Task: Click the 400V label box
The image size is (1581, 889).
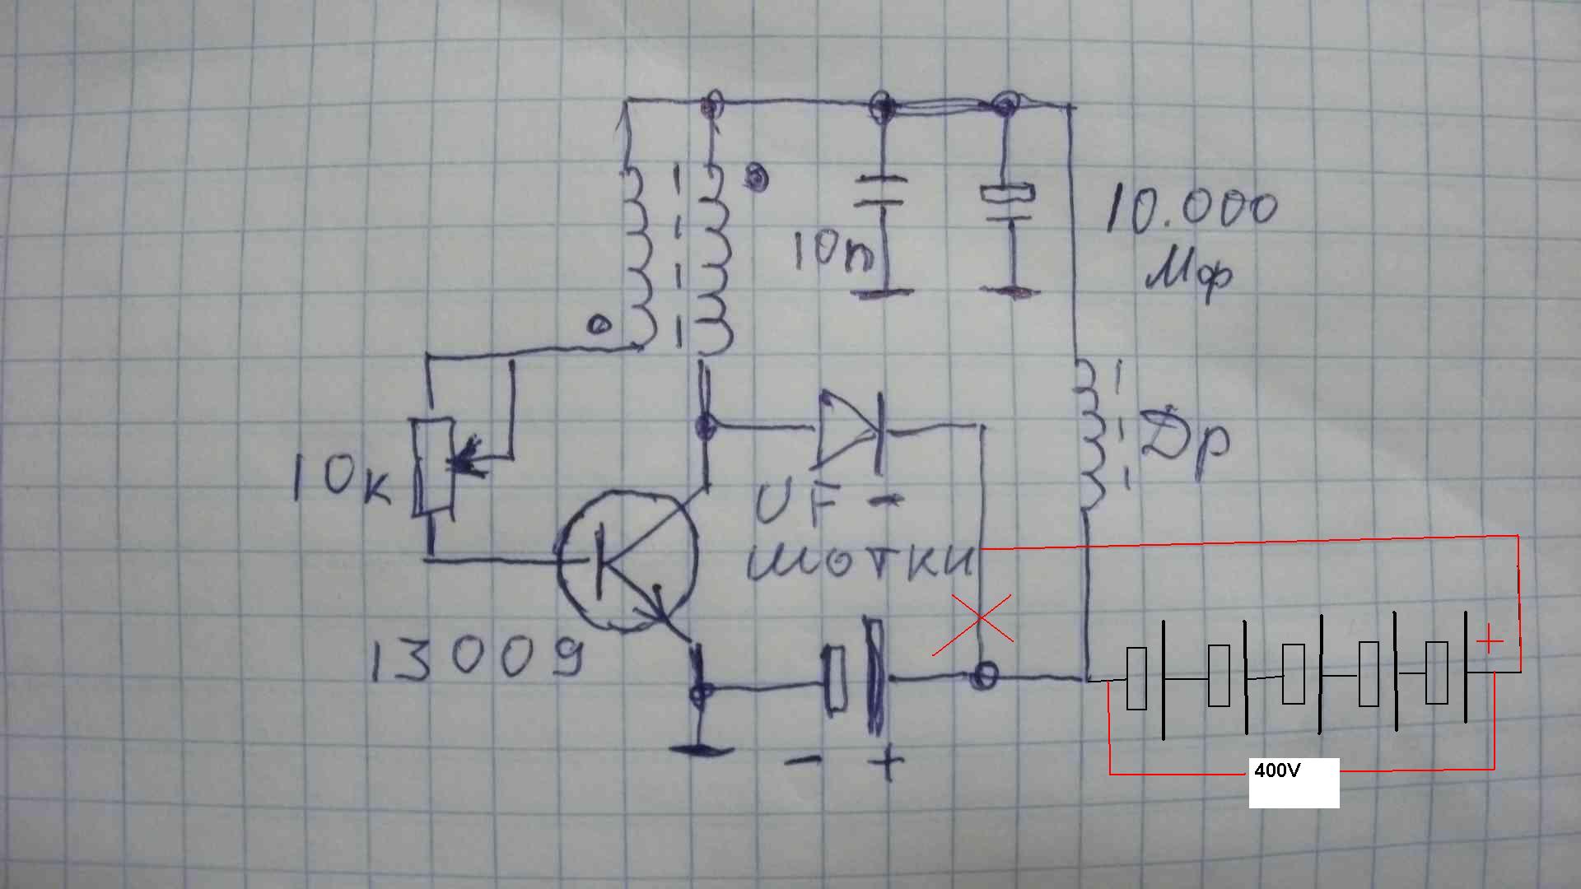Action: point(1294,782)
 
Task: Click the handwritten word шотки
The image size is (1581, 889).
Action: point(860,562)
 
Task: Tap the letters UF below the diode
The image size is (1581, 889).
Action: point(797,504)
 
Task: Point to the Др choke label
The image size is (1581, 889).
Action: point(1186,444)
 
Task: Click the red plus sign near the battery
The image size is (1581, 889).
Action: point(1489,640)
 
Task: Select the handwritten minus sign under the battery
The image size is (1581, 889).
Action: point(803,761)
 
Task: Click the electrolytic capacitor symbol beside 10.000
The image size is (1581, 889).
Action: point(1006,206)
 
